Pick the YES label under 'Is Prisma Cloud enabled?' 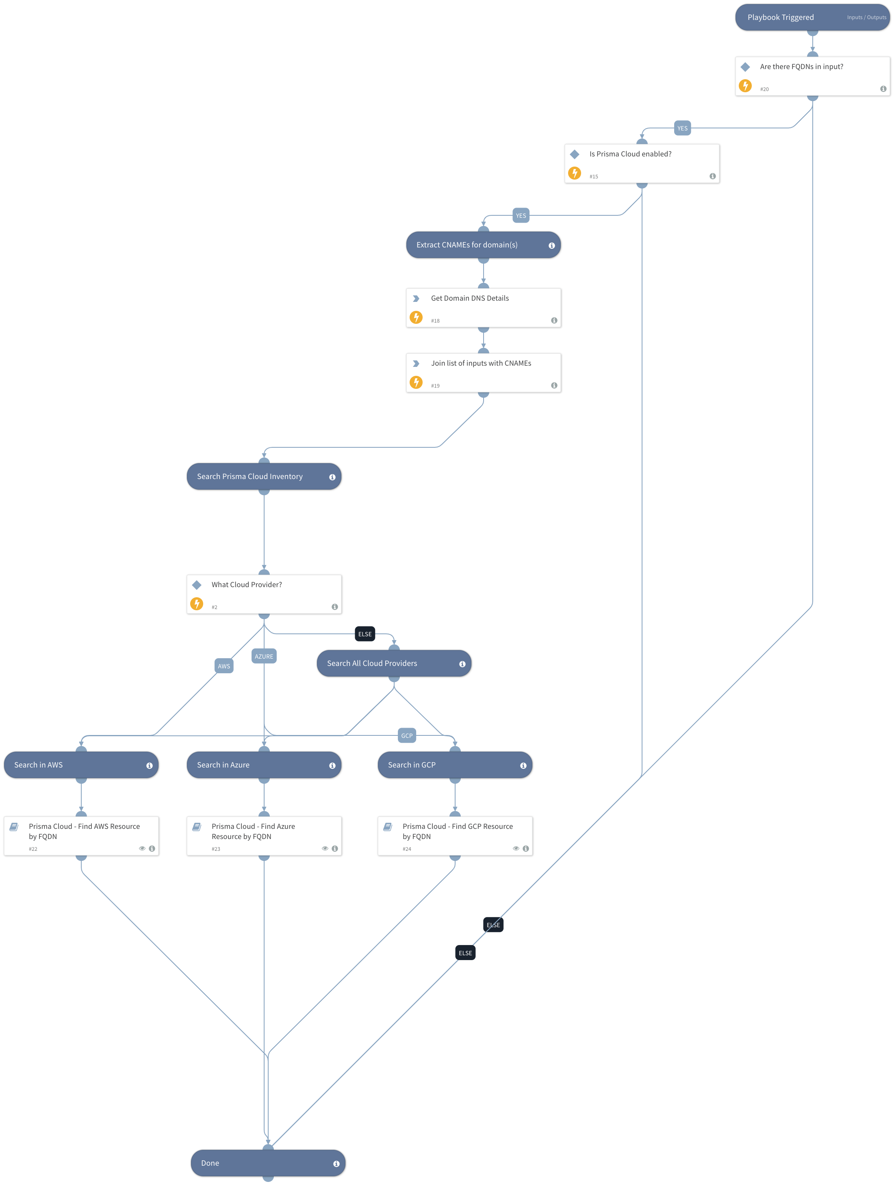click(520, 215)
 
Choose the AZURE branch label click(263, 656)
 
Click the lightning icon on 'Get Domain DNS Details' click(416, 317)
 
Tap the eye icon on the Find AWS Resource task click(142, 848)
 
